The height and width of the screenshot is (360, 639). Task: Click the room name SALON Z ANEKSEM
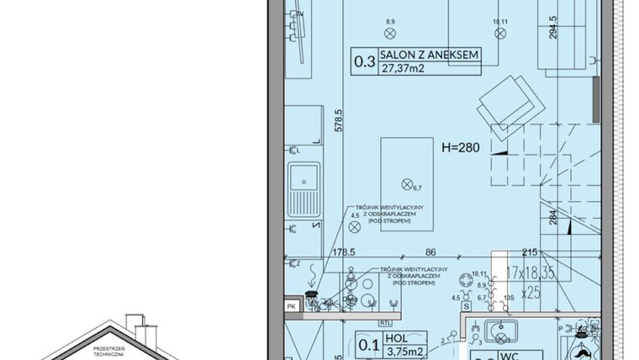tap(429, 56)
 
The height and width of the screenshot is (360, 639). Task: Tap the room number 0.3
tap(364, 61)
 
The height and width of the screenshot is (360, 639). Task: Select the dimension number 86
tap(430, 251)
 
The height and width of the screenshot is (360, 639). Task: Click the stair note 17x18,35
tap(533, 273)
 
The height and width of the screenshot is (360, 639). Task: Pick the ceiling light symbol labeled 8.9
tap(389, 33)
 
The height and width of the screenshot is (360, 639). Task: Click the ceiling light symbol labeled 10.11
tap(500, 34)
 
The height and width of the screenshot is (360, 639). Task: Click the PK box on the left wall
tap(291, 306)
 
